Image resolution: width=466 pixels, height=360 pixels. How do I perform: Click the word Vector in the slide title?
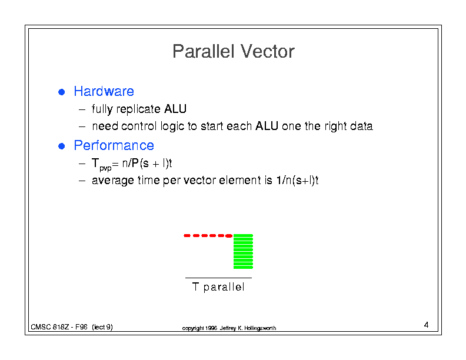pyautogui.click(x=268, y=51)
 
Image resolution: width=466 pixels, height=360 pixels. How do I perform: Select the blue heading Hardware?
pyautogui.click(x=104, y=91)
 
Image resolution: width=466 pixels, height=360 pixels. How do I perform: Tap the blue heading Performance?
pyautogui.click(x=114, y=145)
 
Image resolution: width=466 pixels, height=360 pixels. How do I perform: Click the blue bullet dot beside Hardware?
pyautogui.click(x=62, y=92)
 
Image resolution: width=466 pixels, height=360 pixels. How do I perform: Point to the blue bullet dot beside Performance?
pyautogui.click(x=62, y=146)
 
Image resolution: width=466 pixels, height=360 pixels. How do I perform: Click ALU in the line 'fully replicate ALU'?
pyautogui.click(x=175, y=109)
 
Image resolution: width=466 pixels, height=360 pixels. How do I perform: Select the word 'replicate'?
pyautogui.click(x=138, y=109)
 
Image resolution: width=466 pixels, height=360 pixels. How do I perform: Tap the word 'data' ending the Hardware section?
pyautogui.click(x=361, y=126)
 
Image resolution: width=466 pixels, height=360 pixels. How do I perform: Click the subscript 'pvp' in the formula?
pyautogui.click(x=105, y=168)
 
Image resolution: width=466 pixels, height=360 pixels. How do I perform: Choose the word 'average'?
pyautogui.click(x=112, y=181)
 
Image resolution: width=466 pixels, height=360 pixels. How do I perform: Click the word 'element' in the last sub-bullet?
pyautogui.click(x=239, y=181)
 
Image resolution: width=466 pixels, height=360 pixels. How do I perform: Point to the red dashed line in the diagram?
pyautogui.click(x=208, y=235)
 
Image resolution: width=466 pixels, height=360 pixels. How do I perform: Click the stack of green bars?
pyautogui.click(x=243, y=251)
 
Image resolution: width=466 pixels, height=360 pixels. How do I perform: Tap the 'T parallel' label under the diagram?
pyautogui.click(x=218, y=287)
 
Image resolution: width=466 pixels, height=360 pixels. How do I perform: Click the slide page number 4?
pyautogui.click(x=426, y=325)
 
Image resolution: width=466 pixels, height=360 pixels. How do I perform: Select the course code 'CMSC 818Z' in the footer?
pyautogui.click(x=50, y=327)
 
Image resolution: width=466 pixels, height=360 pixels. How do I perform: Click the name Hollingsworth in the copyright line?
pyautogui.click(x=260, y=328)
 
